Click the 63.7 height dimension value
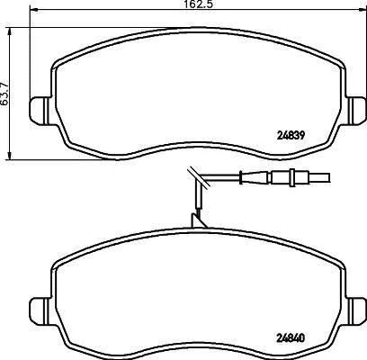tap(5, 94)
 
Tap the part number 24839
tap(290, 136)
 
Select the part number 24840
tap(290, 338)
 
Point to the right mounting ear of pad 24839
tap(356, 110)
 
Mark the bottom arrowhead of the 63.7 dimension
tap(10, 155)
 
